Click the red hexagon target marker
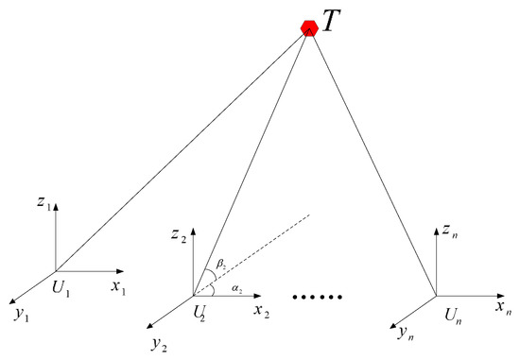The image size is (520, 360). tap(308, 28)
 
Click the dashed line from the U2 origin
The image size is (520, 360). tap(255, 256)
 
